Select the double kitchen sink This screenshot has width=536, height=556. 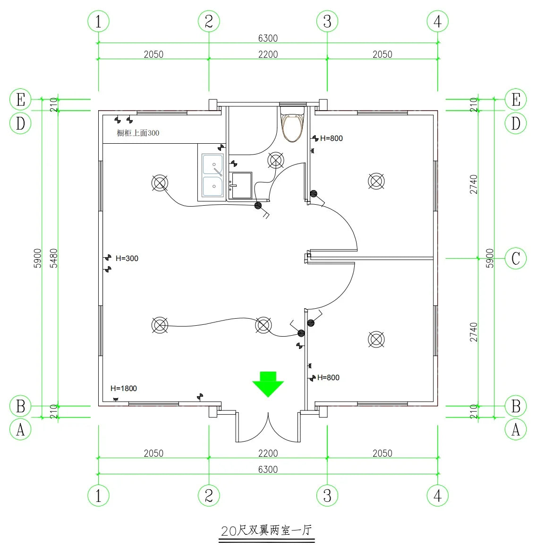point(213,175)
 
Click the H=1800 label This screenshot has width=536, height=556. point(124,389)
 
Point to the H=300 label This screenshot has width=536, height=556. point(127,259)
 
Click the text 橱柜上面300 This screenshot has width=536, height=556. point(138,133)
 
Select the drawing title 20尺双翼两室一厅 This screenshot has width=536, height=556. point(267,530)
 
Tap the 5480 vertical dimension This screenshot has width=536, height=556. point(54,258)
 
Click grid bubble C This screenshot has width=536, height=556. point(516,259)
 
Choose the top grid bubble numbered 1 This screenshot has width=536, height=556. point(98,21)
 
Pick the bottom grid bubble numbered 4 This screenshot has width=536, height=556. point(438,495)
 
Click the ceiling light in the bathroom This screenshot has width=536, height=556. point(276,160)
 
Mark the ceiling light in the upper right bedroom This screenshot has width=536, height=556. point(376,181)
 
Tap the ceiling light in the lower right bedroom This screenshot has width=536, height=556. point(376,339)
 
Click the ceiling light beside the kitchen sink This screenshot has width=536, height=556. point(160,182)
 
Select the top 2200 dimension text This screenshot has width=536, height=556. point(268,54)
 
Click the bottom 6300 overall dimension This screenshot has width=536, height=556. point(268,469)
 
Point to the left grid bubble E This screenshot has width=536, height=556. point(20,100)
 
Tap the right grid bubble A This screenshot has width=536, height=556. point(516,430)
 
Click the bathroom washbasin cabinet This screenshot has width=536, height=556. point(241,185)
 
